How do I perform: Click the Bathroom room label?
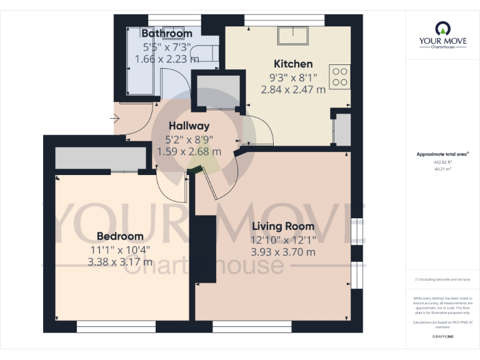click(166, 33)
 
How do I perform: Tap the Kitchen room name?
click(293, 64)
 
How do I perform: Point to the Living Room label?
click(282, 226)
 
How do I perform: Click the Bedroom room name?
click(120, 236)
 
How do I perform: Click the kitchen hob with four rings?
click(340, 77)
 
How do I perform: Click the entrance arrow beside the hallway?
click(116, 117)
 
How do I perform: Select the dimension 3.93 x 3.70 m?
click(282, 252)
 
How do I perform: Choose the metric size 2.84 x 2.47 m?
click(293, 89)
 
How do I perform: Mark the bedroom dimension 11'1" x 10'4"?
click(120, 249)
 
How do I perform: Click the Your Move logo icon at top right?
click(442, 28)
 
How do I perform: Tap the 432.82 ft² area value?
click(442, 161)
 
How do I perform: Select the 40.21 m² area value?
click(442, 168)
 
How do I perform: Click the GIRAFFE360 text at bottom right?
click(442, 337)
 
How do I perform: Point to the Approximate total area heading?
click(442, 153)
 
